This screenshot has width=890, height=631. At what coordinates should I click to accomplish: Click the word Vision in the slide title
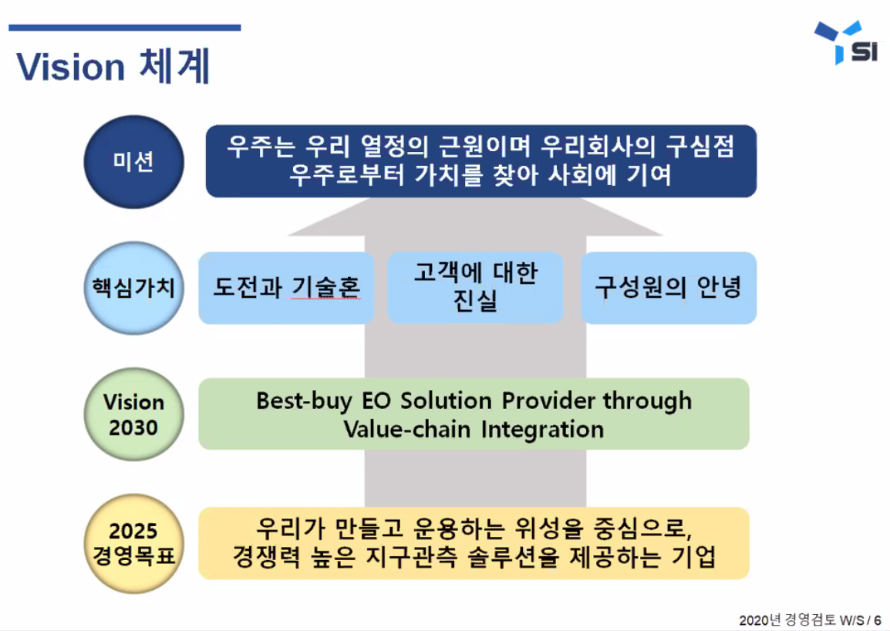click(x=70, y=67)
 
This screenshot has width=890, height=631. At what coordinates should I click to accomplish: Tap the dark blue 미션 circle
click(x=133, y=162)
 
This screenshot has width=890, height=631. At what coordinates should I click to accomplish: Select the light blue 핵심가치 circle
click(x=133, y=289)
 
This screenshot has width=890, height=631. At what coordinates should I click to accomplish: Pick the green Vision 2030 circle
click(x=133, y=415)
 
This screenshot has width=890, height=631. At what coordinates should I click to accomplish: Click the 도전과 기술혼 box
click(x=286, y=288)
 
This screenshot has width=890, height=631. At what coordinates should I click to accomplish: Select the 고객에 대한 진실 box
click(x=475, y=288)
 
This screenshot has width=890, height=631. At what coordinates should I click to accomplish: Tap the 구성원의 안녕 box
click(x=668, y=288)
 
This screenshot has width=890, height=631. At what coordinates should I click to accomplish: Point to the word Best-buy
click(x=302, y=401)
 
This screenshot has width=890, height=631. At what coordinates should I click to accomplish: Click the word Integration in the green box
click(x=542, y=429)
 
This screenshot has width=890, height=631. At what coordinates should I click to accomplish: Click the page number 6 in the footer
click(x=878, y=620)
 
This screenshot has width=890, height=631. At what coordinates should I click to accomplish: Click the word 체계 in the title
click(x=175, y=67)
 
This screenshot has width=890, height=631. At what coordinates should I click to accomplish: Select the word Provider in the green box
click(x=549, y=401)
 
